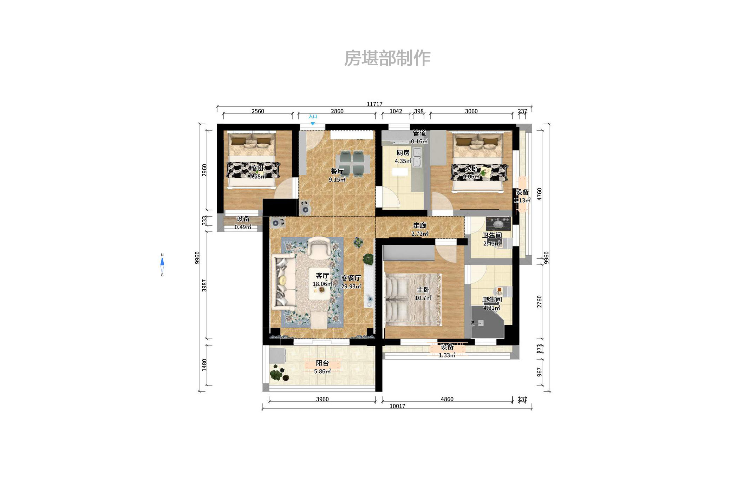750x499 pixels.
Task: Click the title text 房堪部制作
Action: pyautogui.click(x=387, y=58)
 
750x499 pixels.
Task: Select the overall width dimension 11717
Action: pyautogui.click(x=374, y=104)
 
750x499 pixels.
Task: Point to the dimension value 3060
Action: pyautogui.click(x=471, y=111)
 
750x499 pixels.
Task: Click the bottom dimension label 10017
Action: pyautogui.click(x=397, y=406)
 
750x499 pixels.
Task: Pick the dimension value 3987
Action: pyautogui.click(x=204, y=285)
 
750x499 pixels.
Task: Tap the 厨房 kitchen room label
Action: pyautogui.click(x=403, y=153)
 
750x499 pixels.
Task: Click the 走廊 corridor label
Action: pyautogui.click(x=419, y=225)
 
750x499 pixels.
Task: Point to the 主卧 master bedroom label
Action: pyautogui.click(x=423, y=290)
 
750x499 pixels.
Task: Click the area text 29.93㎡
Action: pyautogui.click(x=351, y=286)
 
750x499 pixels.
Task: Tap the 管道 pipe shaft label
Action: pyautogui.click(x=419, y=133)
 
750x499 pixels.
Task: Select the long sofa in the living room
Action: pyautogui.click(x=283, y=282)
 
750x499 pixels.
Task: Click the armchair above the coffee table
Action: pyautogui.click(x=319, y=248)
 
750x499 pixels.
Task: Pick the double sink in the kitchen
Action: pyautogui.click(x=417, y=157)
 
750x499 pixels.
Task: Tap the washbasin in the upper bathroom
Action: pyautogui.click(x=498, y=223)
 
